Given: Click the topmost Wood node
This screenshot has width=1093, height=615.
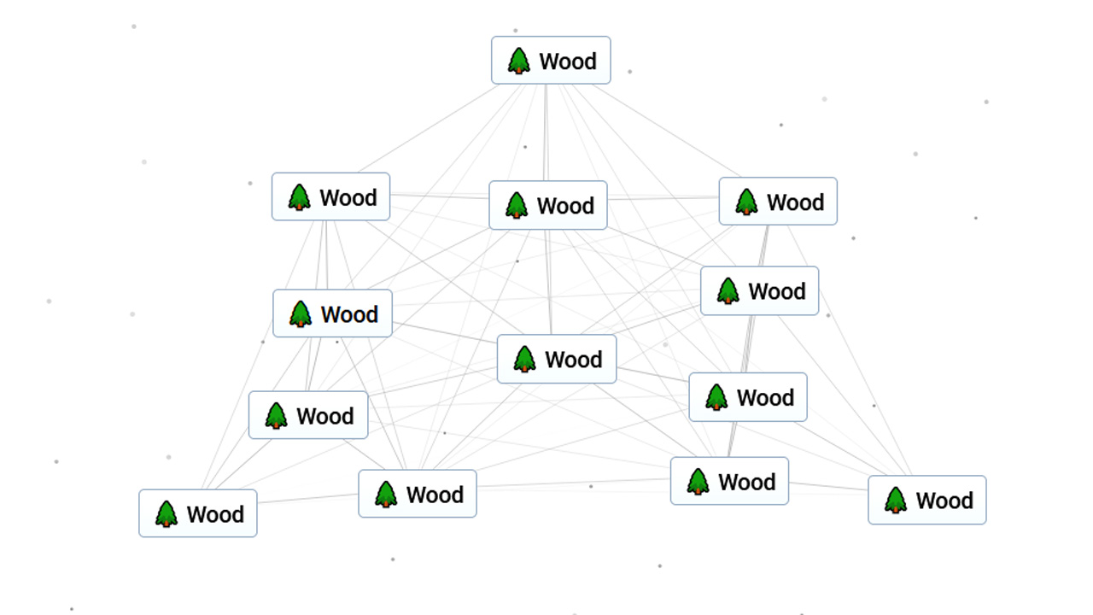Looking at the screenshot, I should [551, 61].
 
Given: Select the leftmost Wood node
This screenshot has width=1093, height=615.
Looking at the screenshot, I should [198, 513].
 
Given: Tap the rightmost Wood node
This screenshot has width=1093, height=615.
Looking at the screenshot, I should [926, 500].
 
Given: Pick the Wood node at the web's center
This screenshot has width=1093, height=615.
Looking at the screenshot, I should [556, 360].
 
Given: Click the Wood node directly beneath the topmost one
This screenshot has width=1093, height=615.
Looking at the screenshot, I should [547, 205].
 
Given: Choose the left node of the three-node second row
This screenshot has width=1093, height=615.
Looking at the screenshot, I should [330, 197].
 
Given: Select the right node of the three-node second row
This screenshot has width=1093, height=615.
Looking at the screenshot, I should [777, 202].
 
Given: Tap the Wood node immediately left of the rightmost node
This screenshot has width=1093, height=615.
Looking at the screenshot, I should [729, 481].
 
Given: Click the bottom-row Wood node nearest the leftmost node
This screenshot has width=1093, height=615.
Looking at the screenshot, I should [417, 494].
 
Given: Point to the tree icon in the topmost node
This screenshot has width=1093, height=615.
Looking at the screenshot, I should [518, 61].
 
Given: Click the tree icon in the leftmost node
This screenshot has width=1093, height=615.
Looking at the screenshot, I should [167, 514].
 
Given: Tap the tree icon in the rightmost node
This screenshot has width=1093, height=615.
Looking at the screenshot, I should [895, 501].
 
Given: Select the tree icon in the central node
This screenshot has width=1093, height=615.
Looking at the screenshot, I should [524, 360].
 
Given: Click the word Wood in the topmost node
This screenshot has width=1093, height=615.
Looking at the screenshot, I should [568, 61].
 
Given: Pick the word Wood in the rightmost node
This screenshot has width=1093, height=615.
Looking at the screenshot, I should [944, 501].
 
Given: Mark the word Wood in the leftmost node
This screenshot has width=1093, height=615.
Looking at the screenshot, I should [215, 514].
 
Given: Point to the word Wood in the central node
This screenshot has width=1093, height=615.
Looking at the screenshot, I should [574, 360].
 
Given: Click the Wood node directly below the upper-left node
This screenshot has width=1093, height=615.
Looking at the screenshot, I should [332, 313].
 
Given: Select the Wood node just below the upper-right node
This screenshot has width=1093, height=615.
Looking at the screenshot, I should [759, 290].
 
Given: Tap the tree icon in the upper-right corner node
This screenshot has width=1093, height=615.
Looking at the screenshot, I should [746, 202].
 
